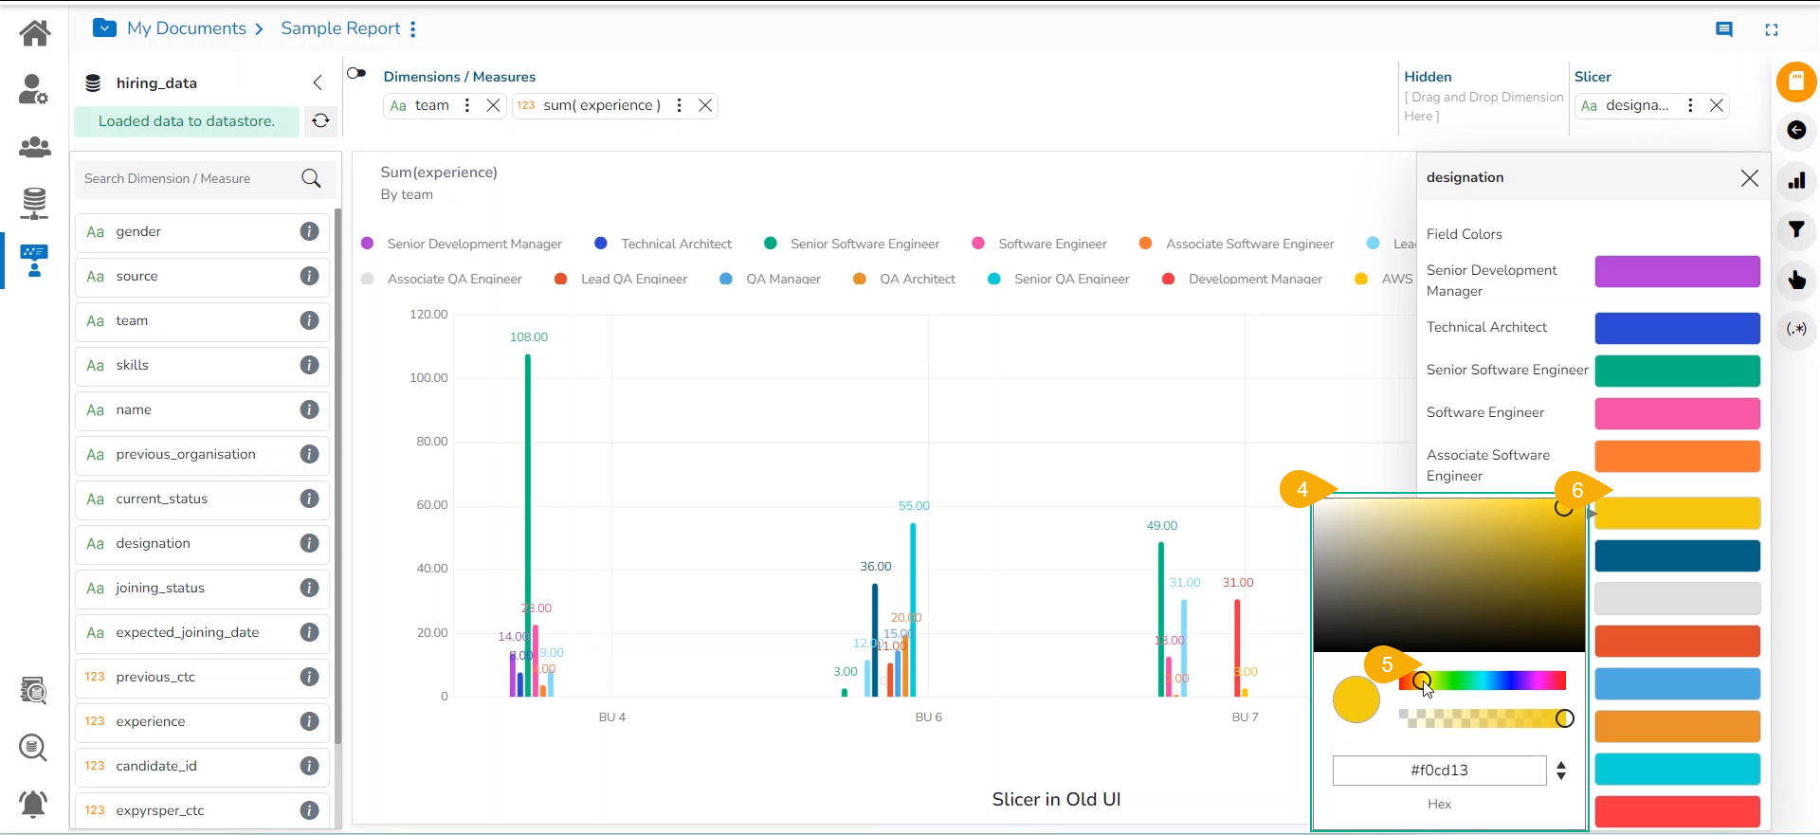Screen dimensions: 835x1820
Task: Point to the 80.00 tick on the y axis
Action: click(x=431, y=442)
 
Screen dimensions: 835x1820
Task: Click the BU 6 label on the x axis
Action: click(x=928, y=717)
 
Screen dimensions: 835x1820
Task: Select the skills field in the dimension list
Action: click(x=133, y=366)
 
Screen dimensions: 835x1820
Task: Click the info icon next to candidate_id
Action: click(x=309, y=766)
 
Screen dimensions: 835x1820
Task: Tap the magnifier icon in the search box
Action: click(x=311, y=178)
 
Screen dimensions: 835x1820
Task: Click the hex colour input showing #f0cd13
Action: click(x=1439, y=771)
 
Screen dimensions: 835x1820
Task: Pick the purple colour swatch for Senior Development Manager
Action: click(x=1677, y=272)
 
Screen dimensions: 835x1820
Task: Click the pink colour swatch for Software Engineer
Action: click(x=1677, y=413)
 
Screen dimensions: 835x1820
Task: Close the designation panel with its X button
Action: click(x=1750, y=178)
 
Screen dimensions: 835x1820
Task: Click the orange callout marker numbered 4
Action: click(x=1302, y=489)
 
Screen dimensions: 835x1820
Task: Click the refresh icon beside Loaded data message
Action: click(x=321, y=121)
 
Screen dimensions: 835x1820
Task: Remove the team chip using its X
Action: click(x=494, y=105)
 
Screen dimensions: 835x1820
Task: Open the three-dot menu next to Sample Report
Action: click(x=413, y=29)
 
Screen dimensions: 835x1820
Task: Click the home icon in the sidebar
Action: click(x=35, y=33)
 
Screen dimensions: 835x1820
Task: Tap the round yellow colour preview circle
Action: click(x=1356, y=699)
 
